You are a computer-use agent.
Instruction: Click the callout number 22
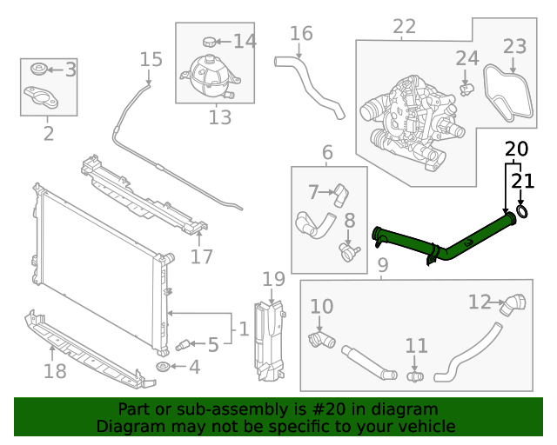(404, 27)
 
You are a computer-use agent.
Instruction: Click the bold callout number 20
(516, 149)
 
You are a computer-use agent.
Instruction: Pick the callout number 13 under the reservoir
(220, 116)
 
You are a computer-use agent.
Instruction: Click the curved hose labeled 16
(313, 87)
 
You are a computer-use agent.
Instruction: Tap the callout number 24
(467, 59)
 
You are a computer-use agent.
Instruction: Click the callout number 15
(151, 59)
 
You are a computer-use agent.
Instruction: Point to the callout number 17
(201, 257)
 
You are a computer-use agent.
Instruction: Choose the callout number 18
(54, 372)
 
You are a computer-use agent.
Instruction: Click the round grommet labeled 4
(163, 369)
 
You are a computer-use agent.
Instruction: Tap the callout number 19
(273, 279)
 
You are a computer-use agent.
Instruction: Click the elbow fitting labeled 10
(320, 339)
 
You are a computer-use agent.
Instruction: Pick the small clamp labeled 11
(415, 376)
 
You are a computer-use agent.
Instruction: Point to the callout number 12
(480, 302)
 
